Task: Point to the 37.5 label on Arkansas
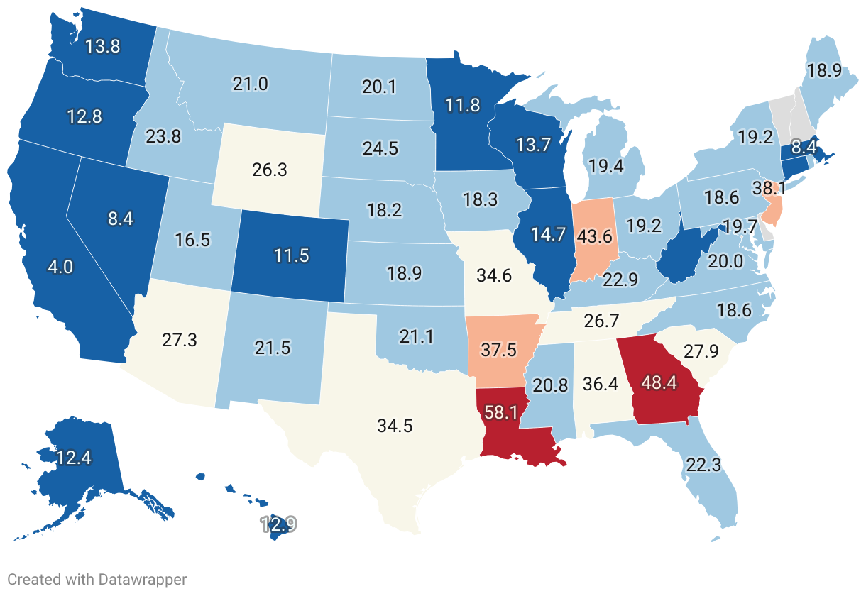pos(500,350)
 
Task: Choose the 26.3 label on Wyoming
pos(270,170)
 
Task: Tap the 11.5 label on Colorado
pos(291,255)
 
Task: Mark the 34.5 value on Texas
pos(395,426)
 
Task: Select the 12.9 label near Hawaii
pos(278,525)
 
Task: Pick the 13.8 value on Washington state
pos(102,47)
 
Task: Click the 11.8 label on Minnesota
pos(463,106)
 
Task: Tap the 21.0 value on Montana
pos(251,84)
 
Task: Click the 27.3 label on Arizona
pos(179,339)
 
